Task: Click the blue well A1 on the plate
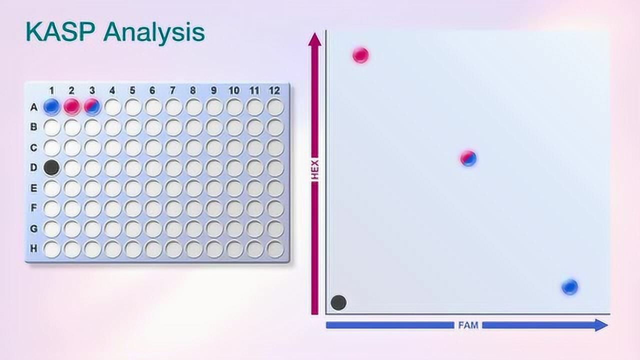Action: click(x=51, y=106)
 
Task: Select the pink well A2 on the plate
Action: click(x=71, y=106)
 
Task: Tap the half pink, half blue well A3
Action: click(x=92, y=106)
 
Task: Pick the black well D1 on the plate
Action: click(x=51, y=167)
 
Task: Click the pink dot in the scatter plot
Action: click(x=360, y=55)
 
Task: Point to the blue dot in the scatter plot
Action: click(x=569, y=287)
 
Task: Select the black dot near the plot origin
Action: click(x=338, y=302)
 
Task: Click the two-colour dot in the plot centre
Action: click(x=468, y=158)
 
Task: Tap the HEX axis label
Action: click(x=314, y=170)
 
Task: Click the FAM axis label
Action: click(x=468, y=325)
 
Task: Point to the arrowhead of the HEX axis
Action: click(x=314, y=39)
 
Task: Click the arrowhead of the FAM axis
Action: click(x=601, y=325)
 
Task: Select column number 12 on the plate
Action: click(x=274, y=90)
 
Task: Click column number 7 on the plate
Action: click(x=172, y=90)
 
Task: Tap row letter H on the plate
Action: click(x=33, y=248)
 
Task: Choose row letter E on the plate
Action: click(x=33, y=188)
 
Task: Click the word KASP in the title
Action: click(x=60, y=32)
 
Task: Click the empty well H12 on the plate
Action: click(x=275, y=249)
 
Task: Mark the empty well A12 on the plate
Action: click(x=275, y=106)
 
